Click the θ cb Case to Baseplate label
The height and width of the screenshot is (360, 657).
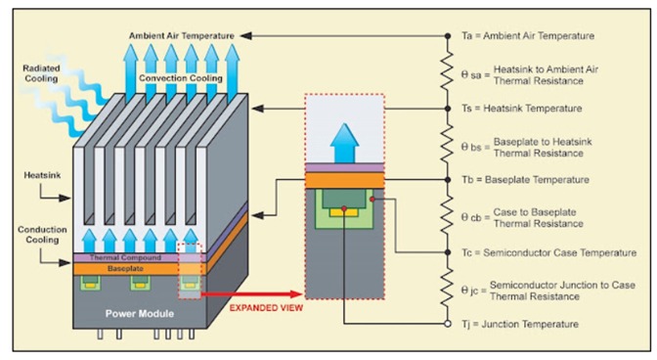534,216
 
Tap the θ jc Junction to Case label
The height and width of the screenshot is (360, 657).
544,289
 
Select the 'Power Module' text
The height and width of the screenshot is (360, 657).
139,314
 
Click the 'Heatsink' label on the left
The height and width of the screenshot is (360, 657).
38,175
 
